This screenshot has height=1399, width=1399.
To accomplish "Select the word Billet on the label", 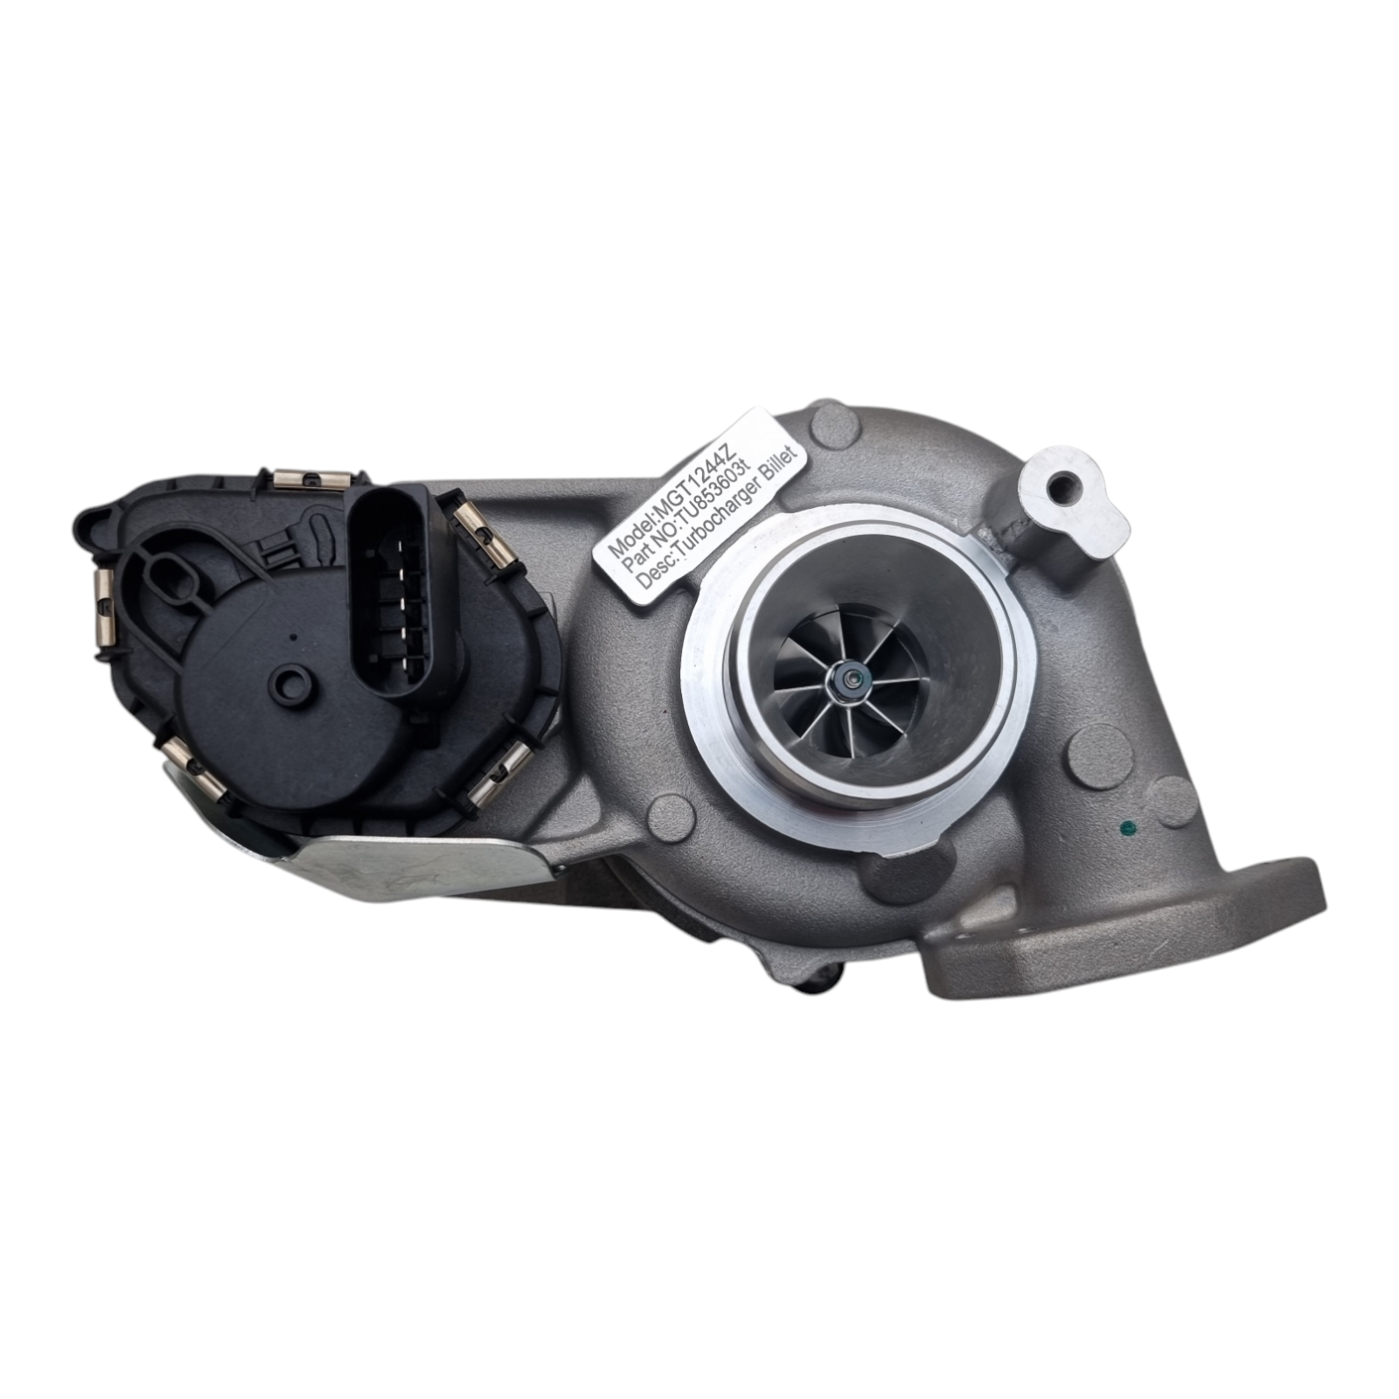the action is point(780,489).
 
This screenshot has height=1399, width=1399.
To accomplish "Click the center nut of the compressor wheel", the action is point(847,677).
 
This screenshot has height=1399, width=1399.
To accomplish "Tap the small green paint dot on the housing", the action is point(1126,825).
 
